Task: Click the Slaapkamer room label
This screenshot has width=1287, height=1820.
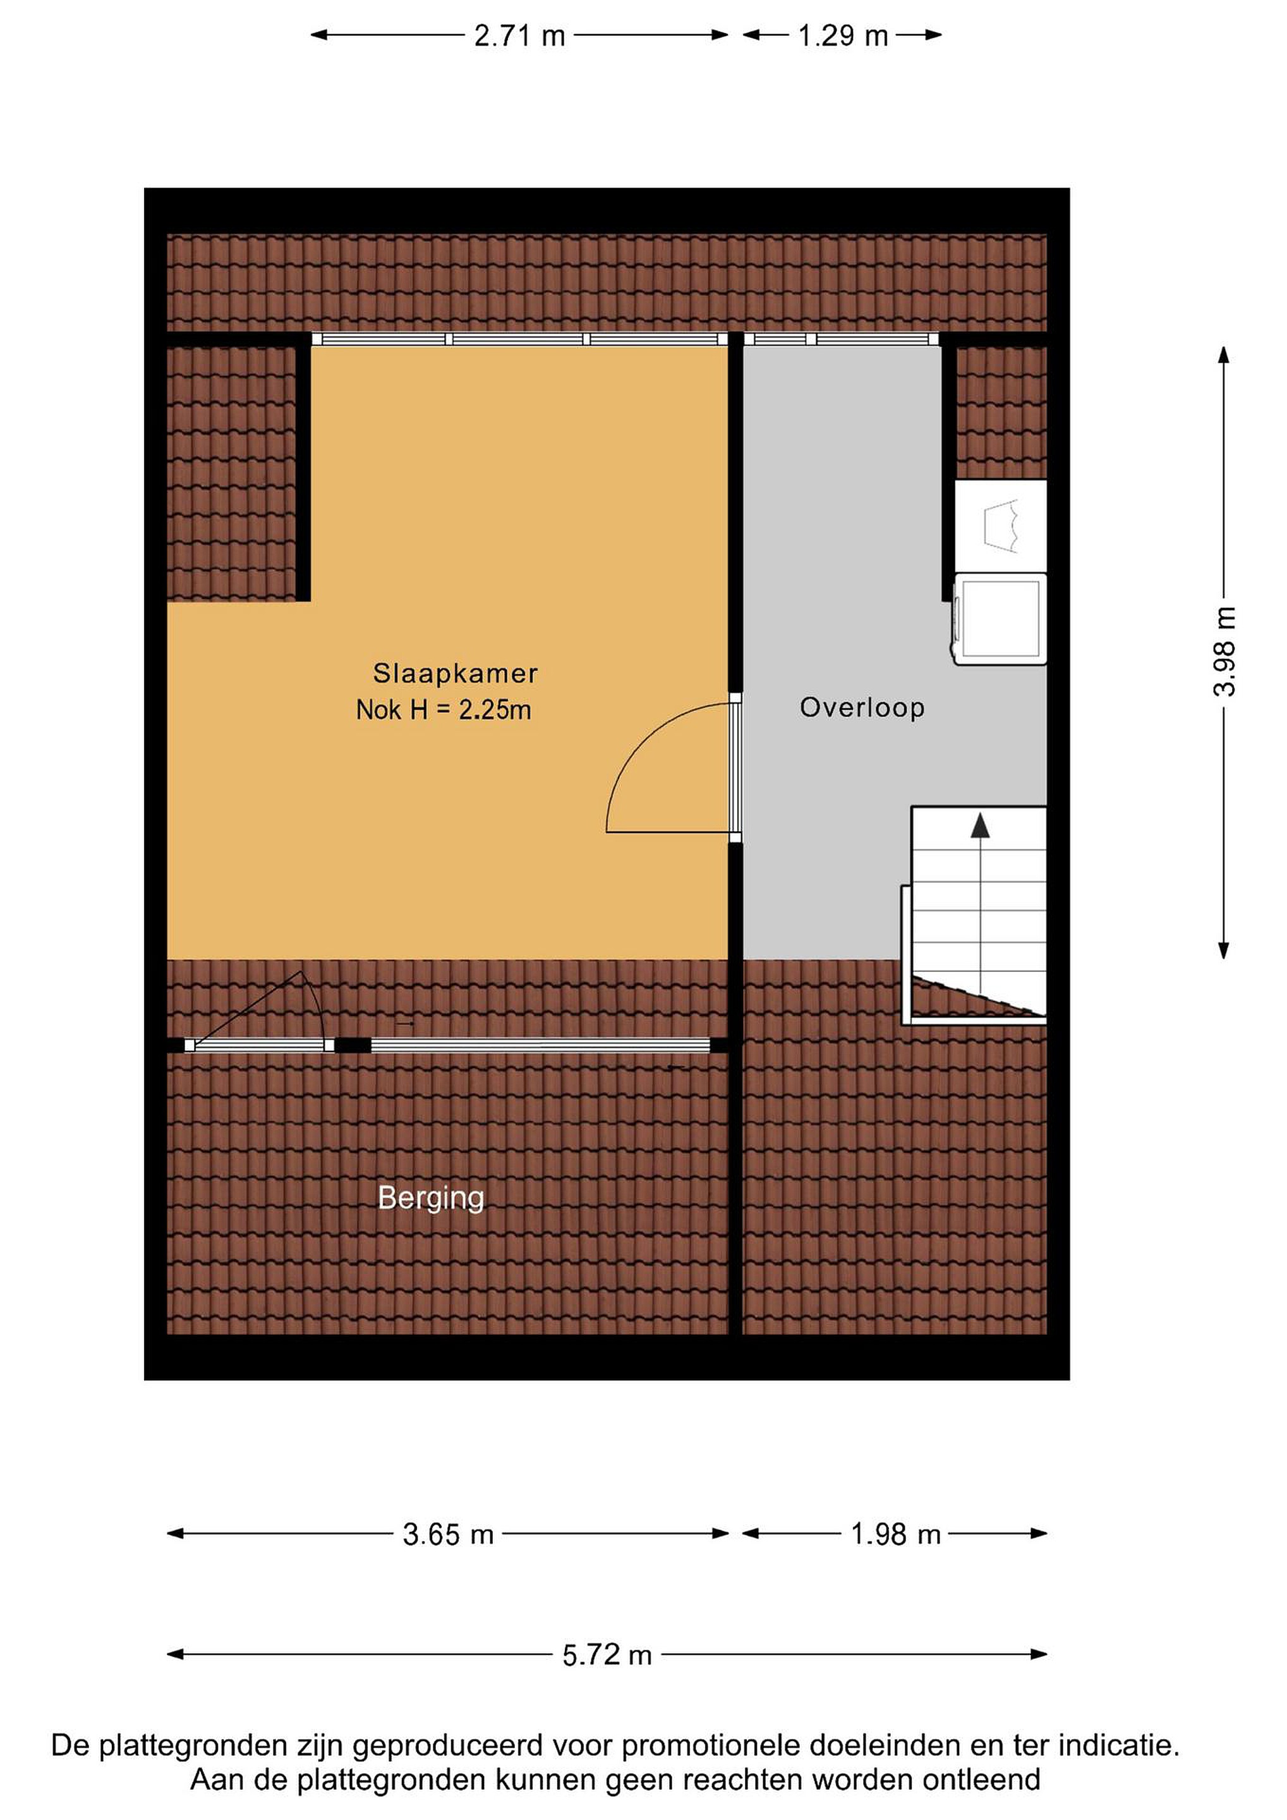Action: pyautogui.click(x=455, y=674)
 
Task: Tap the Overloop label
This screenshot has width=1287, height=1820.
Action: pyautogui.click(x=862, y=707)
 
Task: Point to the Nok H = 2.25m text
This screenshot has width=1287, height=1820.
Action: pyautogui.click(x=444, y=710)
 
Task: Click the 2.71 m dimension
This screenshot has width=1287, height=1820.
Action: pyautogui.click(x=520, y=35)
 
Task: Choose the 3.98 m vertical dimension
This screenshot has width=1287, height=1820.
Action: pyautogui.click(x=1224, y=652)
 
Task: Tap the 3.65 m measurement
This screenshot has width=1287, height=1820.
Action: pyautogui.click(x=449, y=1534)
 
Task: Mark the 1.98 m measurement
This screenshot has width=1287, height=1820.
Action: pyautogui.click(x=895, y=1534)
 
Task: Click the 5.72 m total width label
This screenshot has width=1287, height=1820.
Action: pyautogui.click(x=607, y=1655)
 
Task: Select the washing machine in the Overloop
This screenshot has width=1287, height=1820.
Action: pyautogui.click(x=1000, y=619)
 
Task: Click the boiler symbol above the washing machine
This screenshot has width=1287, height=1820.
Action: pyautogui.click(x=1000, y=526)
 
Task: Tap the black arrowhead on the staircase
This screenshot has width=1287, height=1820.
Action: pyautogui.click(x=981, y=825)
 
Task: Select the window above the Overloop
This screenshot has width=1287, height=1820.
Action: pyautogui.click(x=842, y=339)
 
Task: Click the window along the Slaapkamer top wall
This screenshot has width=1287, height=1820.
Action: pyautogui.click(x=519, y=339)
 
